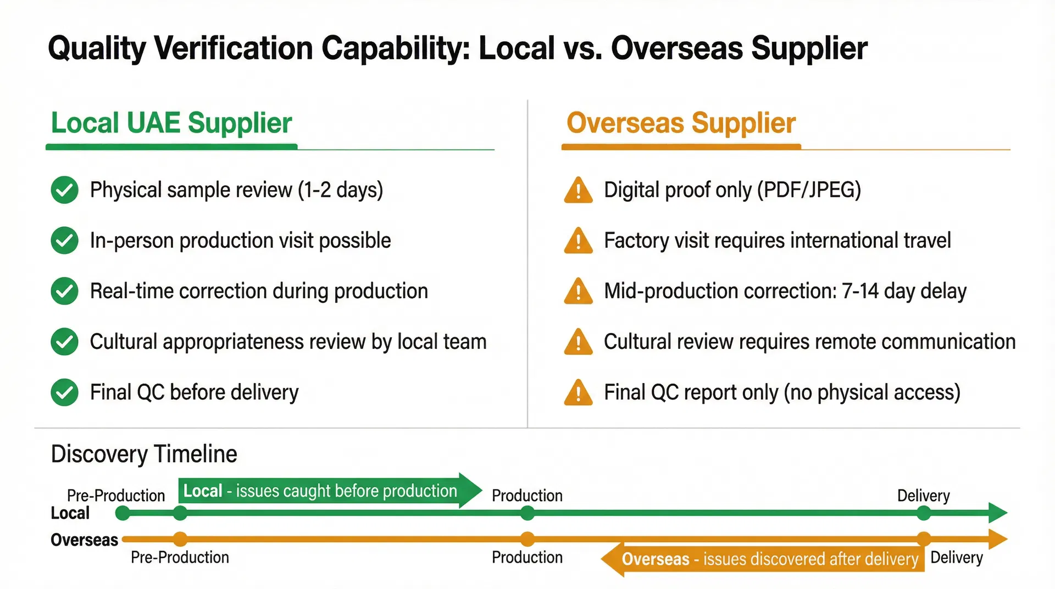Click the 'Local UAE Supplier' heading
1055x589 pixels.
[x=171, y=123]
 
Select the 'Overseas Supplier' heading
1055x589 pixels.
[x=681, y=123]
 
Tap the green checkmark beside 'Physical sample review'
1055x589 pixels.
[x=64, y=190]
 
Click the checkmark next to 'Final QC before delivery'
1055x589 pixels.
[x=64, y=392]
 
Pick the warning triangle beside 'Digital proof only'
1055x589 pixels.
[x=578, y=191]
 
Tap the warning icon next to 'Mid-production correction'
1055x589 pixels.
[x=578, y=292]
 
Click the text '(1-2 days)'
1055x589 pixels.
[x=340, y=190]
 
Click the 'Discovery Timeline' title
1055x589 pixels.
[x=144, y=454]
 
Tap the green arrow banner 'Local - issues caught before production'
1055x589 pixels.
[x=324, y=491]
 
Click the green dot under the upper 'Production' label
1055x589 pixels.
[x=527, y=514]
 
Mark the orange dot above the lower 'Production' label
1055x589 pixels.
[x=527, y=539]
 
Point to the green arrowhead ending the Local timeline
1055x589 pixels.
[x=997, y=513]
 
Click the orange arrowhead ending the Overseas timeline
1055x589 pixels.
[x=997, y=539]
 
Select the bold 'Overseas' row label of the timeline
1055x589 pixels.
[x=84, y=540]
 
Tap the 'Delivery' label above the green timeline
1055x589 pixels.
[x=923, y=496]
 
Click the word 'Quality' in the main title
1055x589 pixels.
[x=97, y=48]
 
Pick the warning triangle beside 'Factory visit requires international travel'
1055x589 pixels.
[x=578, y=241]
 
